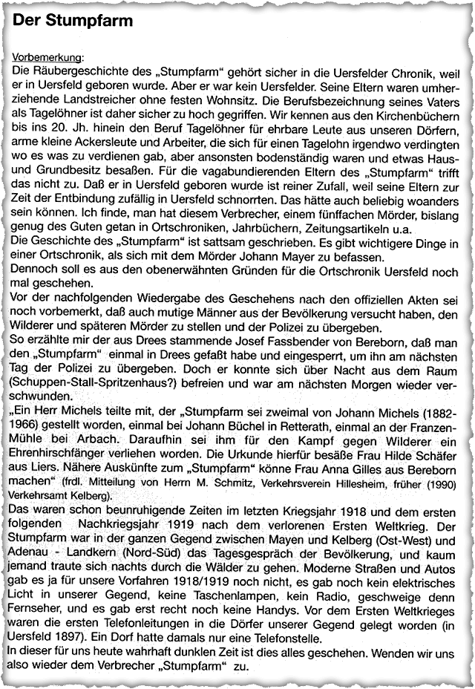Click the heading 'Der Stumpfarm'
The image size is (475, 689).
click(73, 22)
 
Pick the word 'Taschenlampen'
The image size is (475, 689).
click(212, 592)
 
